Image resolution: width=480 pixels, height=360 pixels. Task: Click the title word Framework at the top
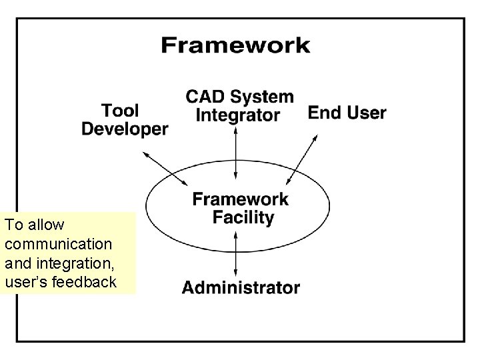coord(235,46)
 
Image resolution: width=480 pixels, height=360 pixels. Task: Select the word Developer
coord(125,129)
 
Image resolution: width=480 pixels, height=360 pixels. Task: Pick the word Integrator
coord(238,115)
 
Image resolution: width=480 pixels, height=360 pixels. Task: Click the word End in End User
coord(325,113)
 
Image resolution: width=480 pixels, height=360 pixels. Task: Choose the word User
coord(366,113)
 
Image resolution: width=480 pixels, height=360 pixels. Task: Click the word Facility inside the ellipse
coord(243,217)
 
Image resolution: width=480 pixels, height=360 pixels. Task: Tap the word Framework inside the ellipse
coord(241,199)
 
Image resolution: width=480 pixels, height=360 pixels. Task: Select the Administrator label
coord(241,288)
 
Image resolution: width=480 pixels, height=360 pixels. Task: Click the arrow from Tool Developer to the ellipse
coord(165,169)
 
